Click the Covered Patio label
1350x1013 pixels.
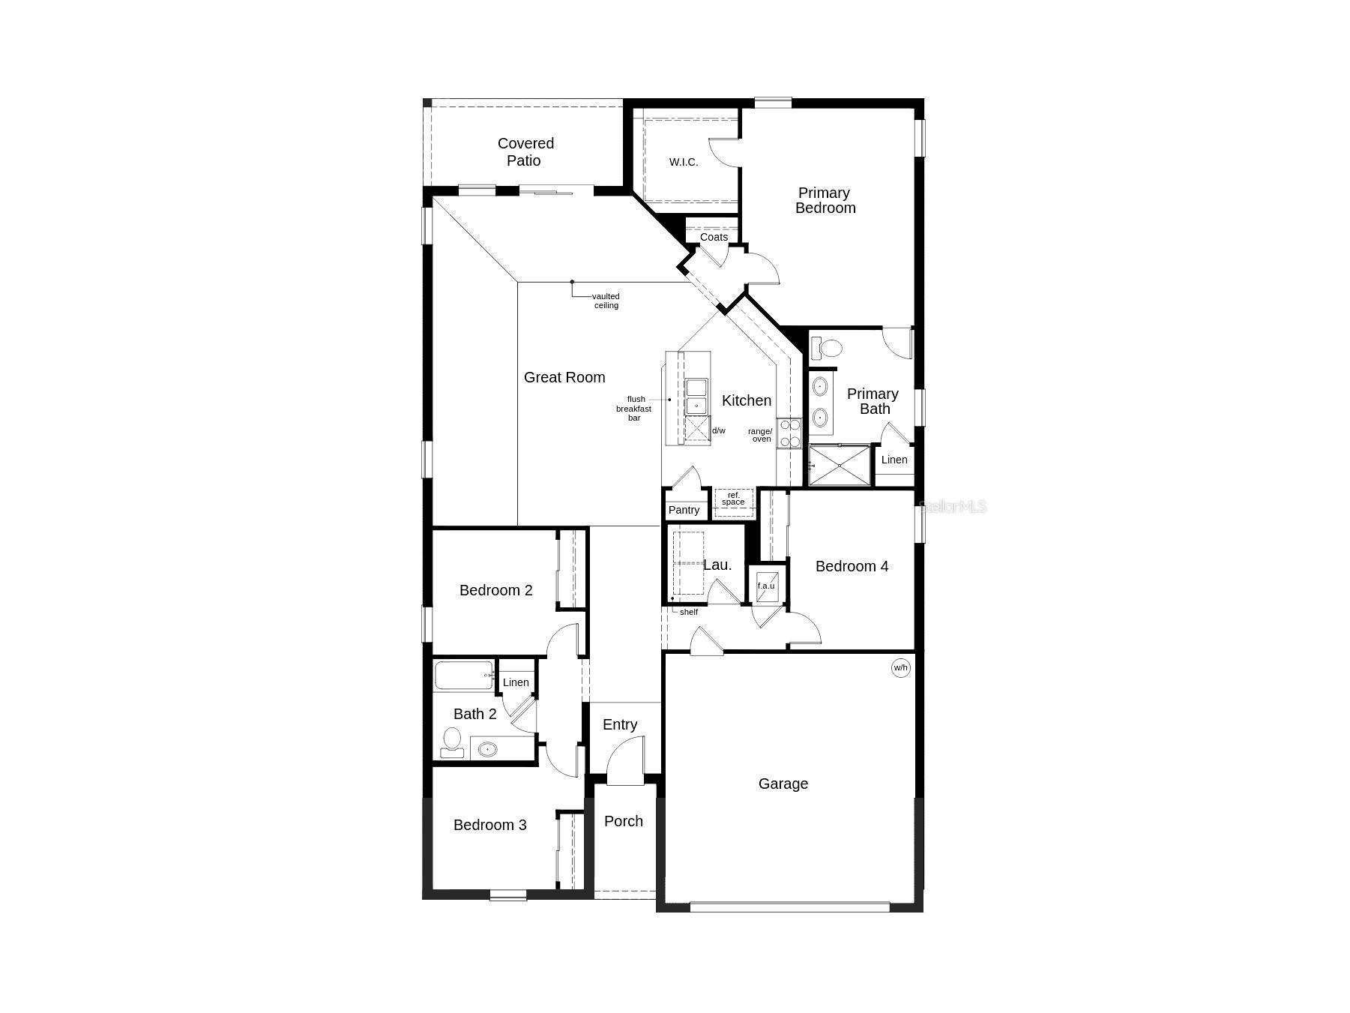(x=525, y=151)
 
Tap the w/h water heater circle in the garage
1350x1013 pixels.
(x=900, y=667)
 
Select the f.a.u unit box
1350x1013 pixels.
(x=766, y=586)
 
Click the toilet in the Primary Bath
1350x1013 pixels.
(x=828, y=349)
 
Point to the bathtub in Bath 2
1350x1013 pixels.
(x=464, y=675)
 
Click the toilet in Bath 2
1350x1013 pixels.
(x=451, y=741)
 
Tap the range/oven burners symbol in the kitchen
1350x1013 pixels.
(x=789, y=433)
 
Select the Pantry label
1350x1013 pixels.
(x=684, y=510)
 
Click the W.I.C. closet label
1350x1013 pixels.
(x=683, y=162)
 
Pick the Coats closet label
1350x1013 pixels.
(x=714, y=237)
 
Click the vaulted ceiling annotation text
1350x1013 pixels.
(x=606, y=301)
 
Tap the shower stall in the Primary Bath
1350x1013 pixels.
(x=840, y=466)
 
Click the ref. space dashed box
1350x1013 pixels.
(x=733, y=499)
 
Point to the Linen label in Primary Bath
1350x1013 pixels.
(x=894, y=460)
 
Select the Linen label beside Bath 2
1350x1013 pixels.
(x=516, y=682)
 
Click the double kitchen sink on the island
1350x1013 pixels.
(x=696, y=397)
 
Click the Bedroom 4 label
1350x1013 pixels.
(x=852, y=566)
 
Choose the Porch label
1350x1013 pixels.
(x=623, y=821)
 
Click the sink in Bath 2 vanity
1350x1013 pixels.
(x=488, y=748)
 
